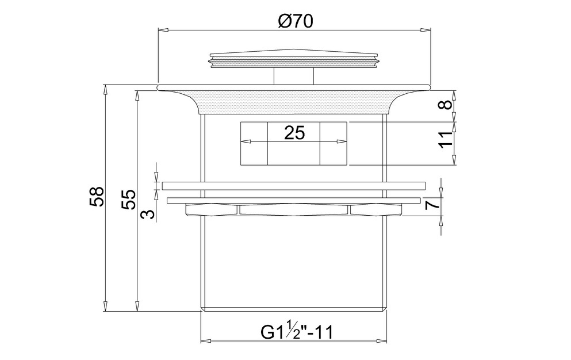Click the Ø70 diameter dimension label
(296, 21)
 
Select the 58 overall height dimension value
(97, 197)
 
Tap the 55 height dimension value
(128, 200)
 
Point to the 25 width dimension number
(294, 133)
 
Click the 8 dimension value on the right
(446, 105)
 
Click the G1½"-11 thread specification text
(297, 332)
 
